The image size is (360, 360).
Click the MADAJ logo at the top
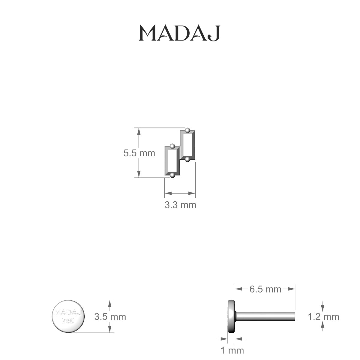click(179, 33)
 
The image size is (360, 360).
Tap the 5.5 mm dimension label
click(139, 153)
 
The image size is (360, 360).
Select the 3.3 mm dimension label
click(180, 205)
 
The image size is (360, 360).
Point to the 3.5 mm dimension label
click(110, 317)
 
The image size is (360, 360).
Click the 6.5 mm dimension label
click(265, 289)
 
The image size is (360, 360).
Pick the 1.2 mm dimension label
click(323, 317)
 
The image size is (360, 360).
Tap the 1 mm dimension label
click(232, 350)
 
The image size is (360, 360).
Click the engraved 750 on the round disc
click(68, 321)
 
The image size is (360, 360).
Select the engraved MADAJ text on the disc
click(68, 312)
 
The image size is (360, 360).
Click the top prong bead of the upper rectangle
click(187, 130)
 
